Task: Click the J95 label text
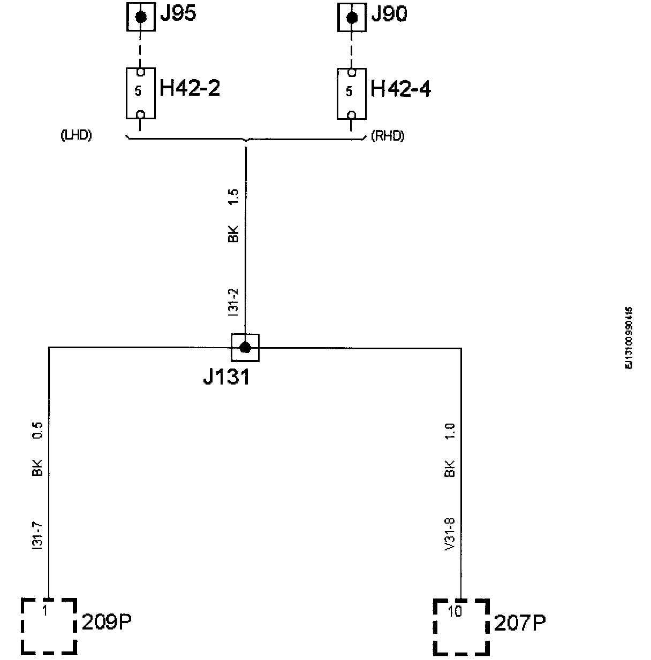(178, 14)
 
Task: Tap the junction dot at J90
(352, 18)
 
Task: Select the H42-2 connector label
(190, 88)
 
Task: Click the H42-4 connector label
(401, 89)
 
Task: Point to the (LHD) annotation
(77, 136)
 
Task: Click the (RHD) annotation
(388, 136)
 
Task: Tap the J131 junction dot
(245, 348)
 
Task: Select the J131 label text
(226, 378)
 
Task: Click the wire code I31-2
(233, 303)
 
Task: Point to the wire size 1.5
(233, 197)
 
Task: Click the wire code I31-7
(37, 535)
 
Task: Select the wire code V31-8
(450, 534)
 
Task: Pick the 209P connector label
(107, 623)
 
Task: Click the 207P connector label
(520, 623)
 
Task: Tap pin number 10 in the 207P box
(455, 612)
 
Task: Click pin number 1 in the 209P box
(45, 611)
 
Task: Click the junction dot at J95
(141, 17)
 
